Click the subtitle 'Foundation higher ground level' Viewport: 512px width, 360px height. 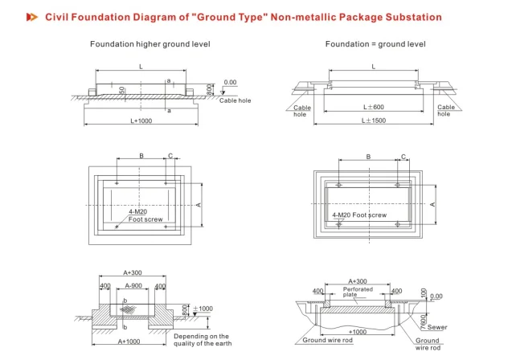pos(150,44)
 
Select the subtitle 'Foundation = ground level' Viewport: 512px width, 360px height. pos(375,44)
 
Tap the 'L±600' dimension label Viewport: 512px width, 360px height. pos(373,107)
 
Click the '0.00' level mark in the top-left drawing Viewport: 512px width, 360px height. pos(231,82)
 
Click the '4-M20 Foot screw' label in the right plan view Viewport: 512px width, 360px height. pos(359,215)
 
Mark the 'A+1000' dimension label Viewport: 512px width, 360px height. pos(131,342)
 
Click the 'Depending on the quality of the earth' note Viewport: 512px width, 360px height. pos(201,341)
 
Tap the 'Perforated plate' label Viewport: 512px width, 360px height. pos(358,291)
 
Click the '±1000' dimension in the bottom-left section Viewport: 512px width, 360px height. pos(203,309)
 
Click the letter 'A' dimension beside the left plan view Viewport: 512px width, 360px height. pos(198,204)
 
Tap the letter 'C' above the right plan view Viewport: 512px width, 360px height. pos(403,156)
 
